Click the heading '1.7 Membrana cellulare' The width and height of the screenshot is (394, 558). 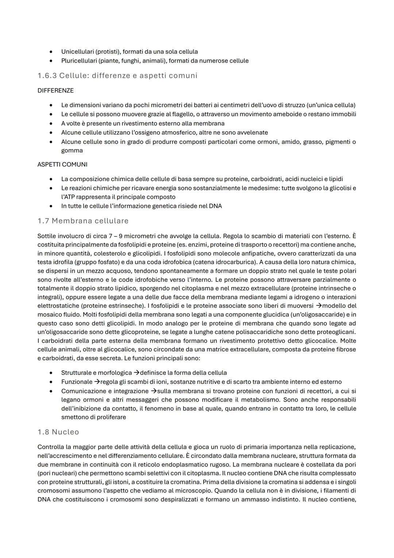click(x=83, y=221)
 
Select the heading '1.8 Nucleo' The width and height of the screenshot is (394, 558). click(x=58, y=432)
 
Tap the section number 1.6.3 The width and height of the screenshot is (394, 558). click(x=47, y=76)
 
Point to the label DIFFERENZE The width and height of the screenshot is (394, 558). click(x=55, y=90)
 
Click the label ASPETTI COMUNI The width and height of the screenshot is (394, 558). click(x=62, y=164)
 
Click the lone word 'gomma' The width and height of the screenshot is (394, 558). click(x=72, y=150)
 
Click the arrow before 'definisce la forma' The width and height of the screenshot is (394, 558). click(x=136, y=373)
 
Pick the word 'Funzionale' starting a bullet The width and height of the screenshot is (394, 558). click(x=77, y=382)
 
